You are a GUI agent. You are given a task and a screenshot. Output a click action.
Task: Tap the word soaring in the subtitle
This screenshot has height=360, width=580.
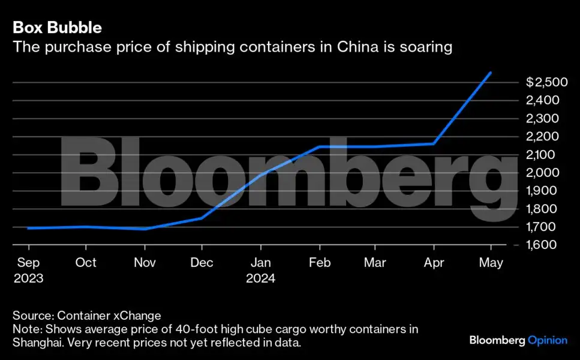[422, 47]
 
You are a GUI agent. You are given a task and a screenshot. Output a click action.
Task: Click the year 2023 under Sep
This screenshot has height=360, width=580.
[28, 278]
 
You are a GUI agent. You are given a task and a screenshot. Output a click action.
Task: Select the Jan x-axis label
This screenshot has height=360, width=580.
[260, 263]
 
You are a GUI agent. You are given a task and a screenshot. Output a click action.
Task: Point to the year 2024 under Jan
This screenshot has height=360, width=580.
[260, 278]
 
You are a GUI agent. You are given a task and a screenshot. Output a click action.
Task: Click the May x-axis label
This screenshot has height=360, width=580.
[491, 263]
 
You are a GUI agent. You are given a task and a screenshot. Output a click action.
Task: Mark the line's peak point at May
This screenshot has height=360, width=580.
[491, 73]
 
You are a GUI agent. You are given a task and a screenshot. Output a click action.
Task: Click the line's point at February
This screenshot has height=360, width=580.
[318, 146]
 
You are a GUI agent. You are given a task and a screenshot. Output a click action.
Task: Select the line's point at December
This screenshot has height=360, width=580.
[202, 218]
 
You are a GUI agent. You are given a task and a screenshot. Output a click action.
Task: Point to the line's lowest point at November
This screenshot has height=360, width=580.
[145, 229]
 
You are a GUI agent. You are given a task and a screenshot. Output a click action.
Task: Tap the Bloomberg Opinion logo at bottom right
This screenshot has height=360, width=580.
[518, 340]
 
